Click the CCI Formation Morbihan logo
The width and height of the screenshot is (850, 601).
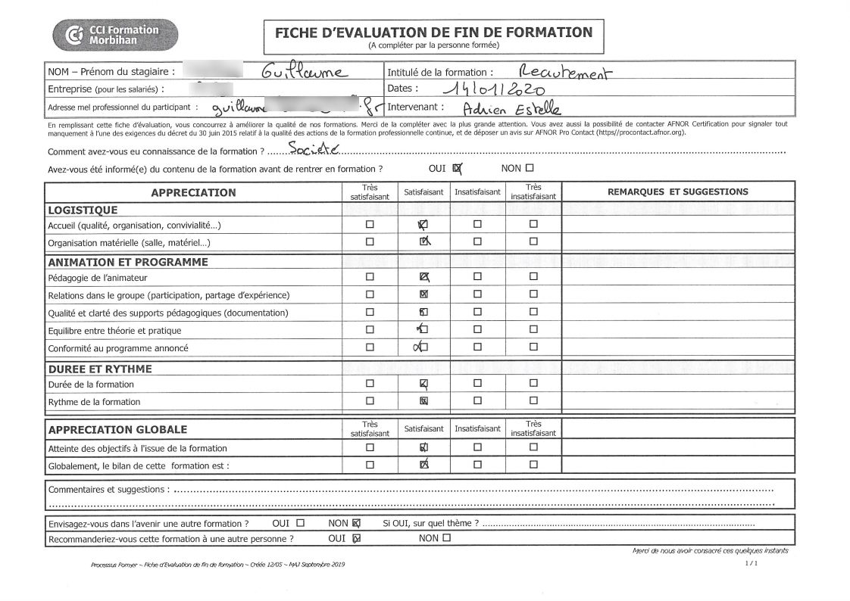[115, 35]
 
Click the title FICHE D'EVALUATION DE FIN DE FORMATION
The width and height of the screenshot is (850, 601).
[433, 33]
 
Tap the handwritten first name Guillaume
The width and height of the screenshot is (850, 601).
[304, 73]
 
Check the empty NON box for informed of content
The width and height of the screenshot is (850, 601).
[529, 168]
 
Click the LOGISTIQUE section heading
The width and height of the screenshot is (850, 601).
[83, 210]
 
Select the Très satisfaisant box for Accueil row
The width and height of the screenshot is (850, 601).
[370, 224]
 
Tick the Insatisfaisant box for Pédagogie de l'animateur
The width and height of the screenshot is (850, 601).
[477, 276]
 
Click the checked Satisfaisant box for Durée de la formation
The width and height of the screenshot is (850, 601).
[423, 383]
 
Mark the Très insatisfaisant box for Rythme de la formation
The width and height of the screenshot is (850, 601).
[533, 400]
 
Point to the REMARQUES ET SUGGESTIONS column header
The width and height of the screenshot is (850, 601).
[677, 192]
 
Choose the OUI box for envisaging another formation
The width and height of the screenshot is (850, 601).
[301, 522]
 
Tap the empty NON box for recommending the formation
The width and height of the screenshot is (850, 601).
[446, 538]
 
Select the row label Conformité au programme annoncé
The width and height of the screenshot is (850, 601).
[118, 348]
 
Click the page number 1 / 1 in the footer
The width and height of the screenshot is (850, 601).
[752, 564]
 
